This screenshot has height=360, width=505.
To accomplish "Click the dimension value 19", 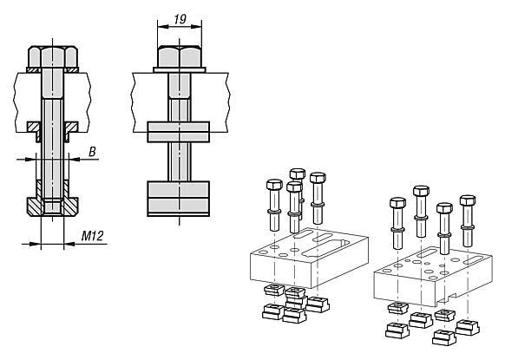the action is click(x=180, y=19).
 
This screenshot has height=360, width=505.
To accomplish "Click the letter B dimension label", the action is click(x=93, y=152).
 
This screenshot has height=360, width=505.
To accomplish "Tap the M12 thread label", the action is click(x=93, y=236).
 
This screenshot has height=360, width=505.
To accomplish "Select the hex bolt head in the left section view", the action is click(x=53, y=56).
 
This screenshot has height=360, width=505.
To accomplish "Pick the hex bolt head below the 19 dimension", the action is click(x=180, y=57).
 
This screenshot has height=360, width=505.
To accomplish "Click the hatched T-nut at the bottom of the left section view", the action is click(x=53, y=206).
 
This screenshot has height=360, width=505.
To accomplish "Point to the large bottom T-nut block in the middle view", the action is click(x=179, y=199).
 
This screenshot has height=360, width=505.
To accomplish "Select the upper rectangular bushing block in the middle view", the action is click(x=179, y=132).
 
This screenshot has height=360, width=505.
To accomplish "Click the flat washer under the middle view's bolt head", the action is click(x=180, y=70).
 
